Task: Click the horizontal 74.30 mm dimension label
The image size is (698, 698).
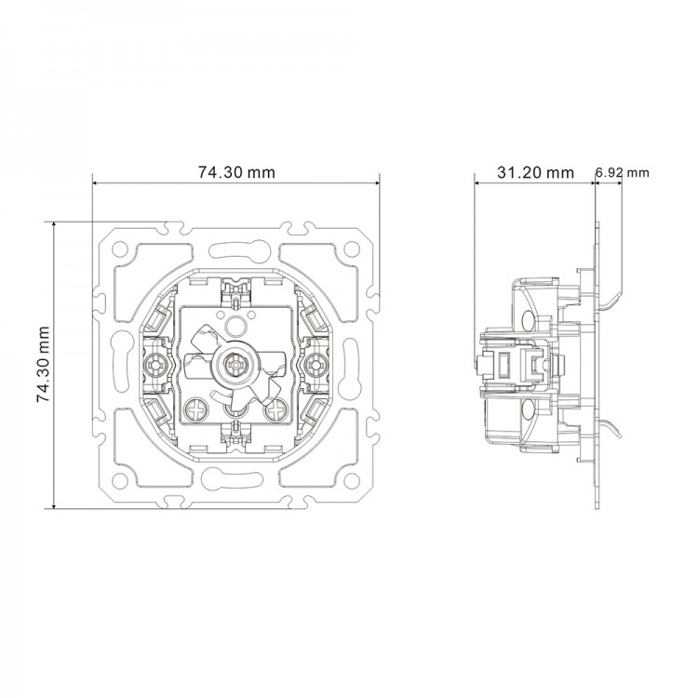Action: point(236,172)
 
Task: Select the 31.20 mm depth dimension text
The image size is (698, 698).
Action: point(534,172)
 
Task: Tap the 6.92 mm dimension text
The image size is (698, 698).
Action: point(621,173)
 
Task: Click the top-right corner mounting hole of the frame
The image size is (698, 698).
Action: point(351,249)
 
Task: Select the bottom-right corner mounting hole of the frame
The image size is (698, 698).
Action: point(351,481)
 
